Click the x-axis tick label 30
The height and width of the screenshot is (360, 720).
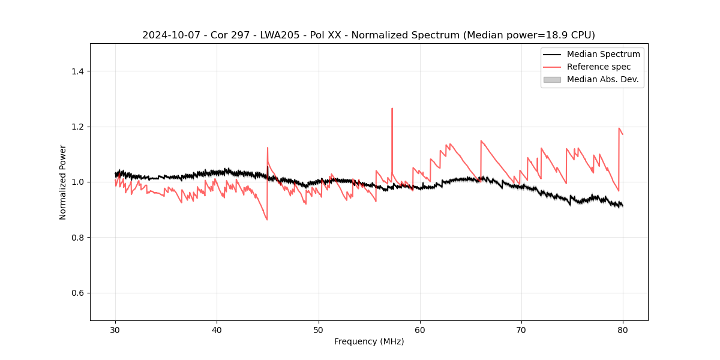click(115, 330)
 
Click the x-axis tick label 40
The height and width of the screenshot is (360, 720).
click(217, 330)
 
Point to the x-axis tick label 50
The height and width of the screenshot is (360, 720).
click(319, 330)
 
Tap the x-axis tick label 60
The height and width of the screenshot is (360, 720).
click(420, 330)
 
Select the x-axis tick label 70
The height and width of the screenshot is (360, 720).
click(521, 330)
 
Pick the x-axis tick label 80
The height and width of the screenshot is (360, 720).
click(623, 330)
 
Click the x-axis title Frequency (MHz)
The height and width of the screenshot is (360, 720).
click(369, 341)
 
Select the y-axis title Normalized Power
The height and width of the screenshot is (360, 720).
click(63, 182)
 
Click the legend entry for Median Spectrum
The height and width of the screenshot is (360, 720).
click(603, 54)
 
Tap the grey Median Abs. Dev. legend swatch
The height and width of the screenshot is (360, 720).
click(552, 79)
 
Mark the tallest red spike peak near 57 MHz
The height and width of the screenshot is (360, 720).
click(392, 109)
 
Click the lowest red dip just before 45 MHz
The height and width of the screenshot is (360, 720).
click(267, 220)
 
